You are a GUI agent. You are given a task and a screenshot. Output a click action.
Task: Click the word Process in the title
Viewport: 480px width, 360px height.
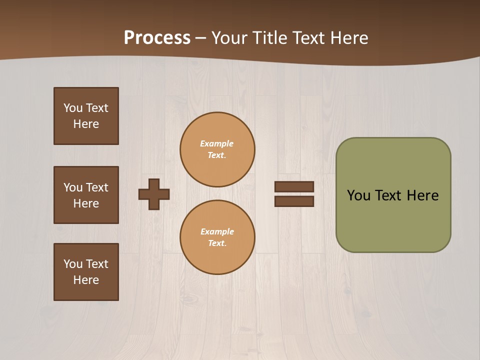coord(157,38)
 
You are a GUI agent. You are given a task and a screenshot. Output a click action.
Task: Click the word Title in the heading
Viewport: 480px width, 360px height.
coord(268,38)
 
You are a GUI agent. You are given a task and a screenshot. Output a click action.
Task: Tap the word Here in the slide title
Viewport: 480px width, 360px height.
coord(348,38)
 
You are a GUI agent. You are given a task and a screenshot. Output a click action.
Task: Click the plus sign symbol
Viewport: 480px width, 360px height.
coord(154,194)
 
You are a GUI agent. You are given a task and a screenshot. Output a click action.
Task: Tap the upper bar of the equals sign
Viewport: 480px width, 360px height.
coord(294,186)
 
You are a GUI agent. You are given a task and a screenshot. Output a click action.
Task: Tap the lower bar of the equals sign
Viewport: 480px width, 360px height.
coord(294,201)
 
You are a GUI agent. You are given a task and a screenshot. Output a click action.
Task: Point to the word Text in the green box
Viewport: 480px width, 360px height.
coord(389,195)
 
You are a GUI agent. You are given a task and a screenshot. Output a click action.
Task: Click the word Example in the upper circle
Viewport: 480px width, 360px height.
coord(216,143)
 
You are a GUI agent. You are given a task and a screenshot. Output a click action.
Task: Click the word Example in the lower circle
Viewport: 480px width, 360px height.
coord(217,231)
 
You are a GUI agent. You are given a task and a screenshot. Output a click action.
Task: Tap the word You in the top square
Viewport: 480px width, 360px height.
coord(73,108)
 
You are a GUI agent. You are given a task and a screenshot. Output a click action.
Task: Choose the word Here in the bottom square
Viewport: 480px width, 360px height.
coord(86,280)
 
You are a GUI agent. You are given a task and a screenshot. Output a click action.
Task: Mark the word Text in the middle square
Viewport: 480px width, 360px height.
coord(96,187)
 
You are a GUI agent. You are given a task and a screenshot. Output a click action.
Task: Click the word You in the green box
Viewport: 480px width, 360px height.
coord(358,195)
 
